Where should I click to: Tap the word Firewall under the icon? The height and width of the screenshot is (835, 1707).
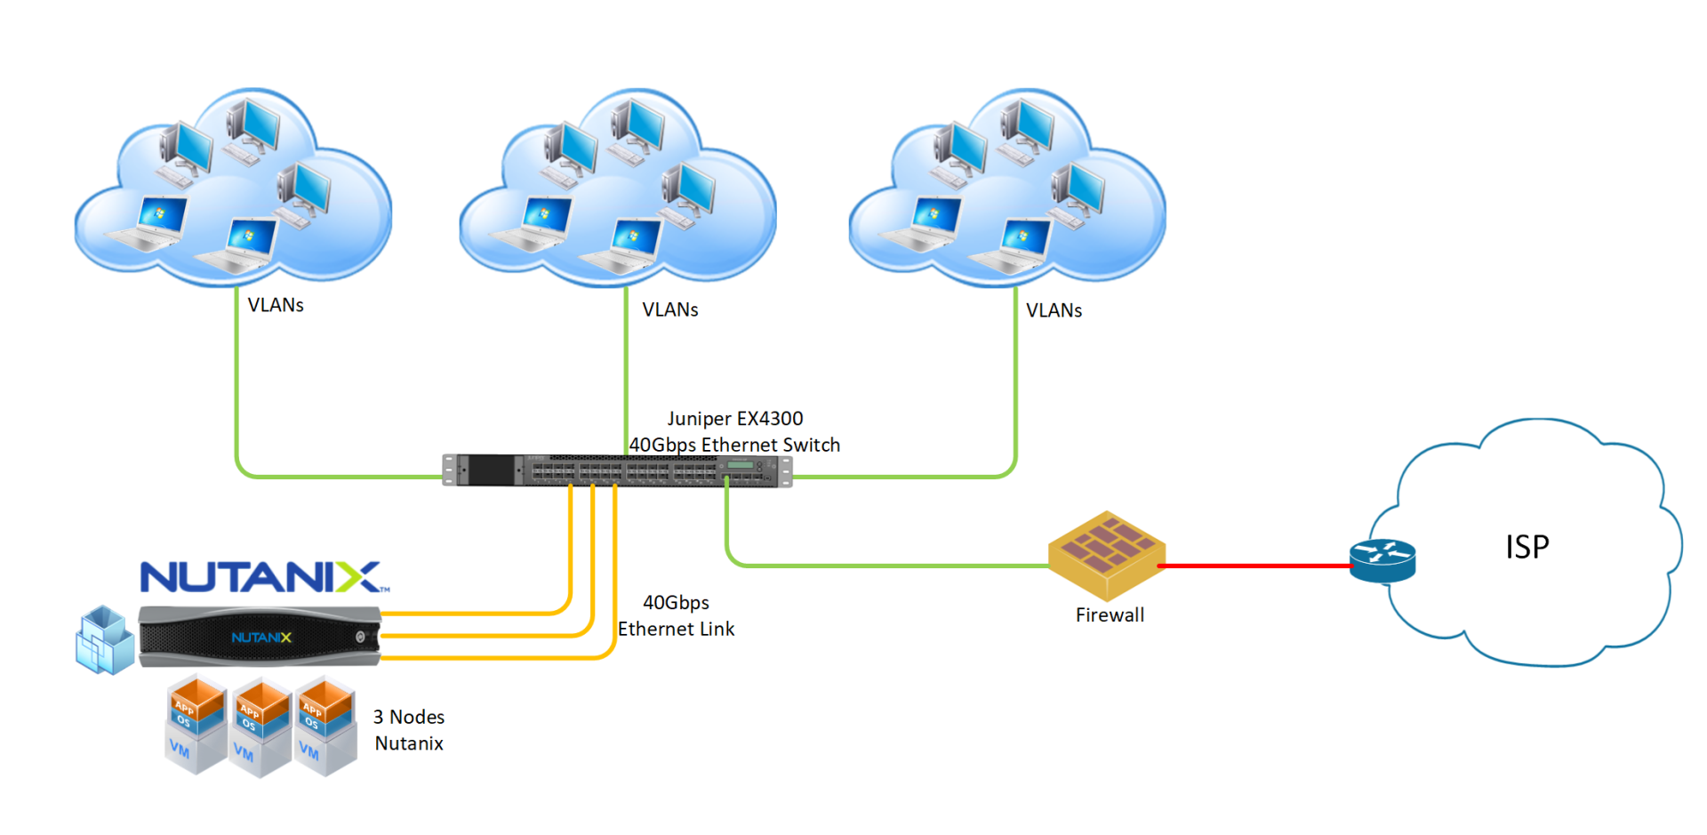(1110, 615)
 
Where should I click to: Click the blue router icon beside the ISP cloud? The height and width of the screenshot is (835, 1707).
(1382, 560)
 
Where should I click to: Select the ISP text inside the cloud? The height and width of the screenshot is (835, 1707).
(1527, 547)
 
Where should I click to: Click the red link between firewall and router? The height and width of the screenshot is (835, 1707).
(1254, 566)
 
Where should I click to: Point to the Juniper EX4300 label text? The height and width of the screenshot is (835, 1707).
(734, 419)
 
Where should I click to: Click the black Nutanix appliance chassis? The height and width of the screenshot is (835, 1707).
(260, 637)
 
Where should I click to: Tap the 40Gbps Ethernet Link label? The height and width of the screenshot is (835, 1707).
(676, 616)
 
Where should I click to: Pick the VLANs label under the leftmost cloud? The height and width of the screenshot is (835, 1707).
(276, 306)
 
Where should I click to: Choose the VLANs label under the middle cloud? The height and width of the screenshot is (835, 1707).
(670, 310)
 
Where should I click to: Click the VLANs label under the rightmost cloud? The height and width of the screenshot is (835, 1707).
(1054, 311)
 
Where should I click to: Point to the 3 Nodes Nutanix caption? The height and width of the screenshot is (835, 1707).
(409, 730)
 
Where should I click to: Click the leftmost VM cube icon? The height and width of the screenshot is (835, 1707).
(196, 725)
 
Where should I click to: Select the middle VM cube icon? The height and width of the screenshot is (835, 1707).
(261, 727)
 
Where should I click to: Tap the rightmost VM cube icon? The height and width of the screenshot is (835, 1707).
(325, 726)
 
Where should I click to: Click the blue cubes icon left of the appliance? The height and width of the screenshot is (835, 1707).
(104, 640)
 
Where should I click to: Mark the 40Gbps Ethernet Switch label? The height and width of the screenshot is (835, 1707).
(734, 446)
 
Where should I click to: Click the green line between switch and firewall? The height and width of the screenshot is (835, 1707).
(889, 566)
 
